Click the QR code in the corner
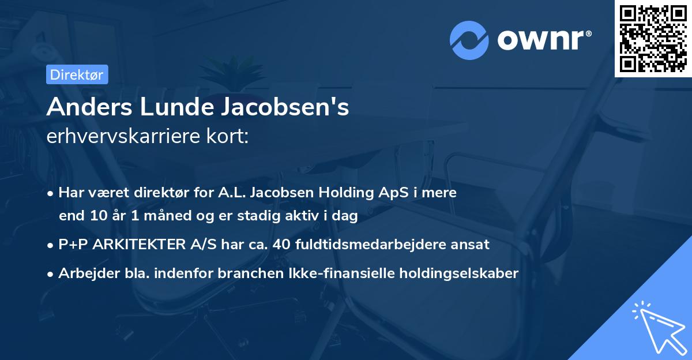coord(653,39)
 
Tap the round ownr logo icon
coord(469,40)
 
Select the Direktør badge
coord(76,74)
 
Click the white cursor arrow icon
coord(657,325)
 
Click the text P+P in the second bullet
coord(72,245)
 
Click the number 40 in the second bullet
coord(281,245)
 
